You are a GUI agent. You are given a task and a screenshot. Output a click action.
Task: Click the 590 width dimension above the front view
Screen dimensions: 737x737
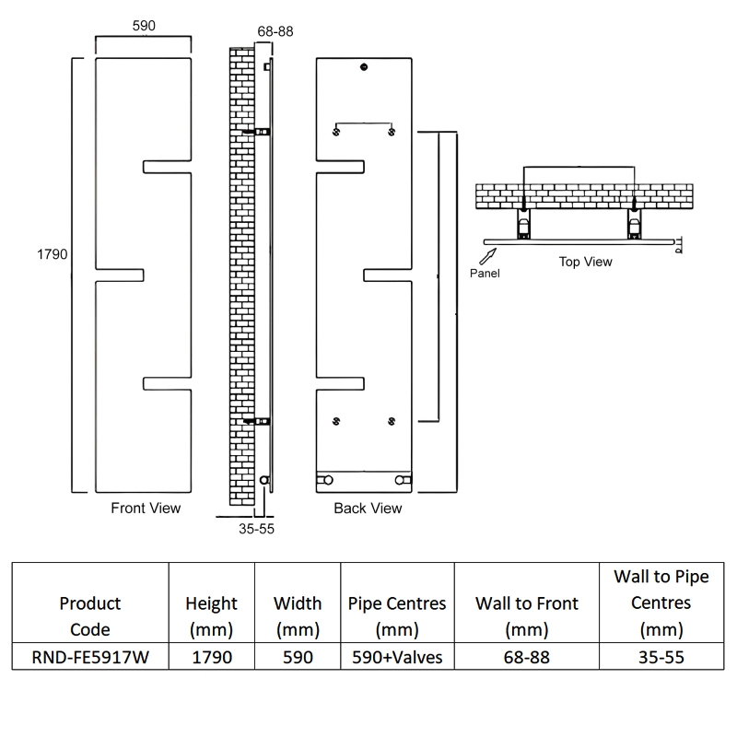coord(144,27)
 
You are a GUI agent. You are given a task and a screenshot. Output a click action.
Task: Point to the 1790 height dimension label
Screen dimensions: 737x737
coord(53,254)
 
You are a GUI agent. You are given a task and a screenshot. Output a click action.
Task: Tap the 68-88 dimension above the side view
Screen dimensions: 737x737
coord(275,31)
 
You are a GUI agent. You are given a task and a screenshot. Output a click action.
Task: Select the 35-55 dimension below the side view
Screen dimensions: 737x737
coord(256,529)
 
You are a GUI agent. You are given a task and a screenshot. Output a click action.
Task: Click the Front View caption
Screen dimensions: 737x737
coord(146,508)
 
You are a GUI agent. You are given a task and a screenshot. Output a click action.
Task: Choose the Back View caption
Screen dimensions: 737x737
coord(368,508)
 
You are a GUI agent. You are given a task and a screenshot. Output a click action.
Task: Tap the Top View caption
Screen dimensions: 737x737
coord(585,262)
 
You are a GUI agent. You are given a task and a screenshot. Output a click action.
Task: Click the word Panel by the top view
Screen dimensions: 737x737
coord(485,274)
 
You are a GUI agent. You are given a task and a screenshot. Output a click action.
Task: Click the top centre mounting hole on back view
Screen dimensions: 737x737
coord(365,67)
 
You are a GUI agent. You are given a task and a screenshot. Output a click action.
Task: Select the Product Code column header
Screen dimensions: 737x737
coord(90,616)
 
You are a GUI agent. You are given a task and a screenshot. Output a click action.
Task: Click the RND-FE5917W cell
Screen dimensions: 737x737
coord(90,658)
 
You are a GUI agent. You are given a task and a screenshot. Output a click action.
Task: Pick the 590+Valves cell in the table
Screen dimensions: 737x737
coord(397,658)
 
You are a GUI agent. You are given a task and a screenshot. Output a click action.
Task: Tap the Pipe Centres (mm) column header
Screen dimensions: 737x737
coord(397,616)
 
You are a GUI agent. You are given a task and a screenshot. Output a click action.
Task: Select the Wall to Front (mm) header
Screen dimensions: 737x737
coord(526,616)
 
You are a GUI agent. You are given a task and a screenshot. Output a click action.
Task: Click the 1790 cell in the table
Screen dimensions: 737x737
coord(211,658)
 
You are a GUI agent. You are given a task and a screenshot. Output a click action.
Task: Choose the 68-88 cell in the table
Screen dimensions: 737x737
coord(526,658)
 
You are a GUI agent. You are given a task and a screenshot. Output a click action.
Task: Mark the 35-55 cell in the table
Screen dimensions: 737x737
coord(661,658)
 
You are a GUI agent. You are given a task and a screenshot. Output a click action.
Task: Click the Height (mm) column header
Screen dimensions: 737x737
coord(211,616)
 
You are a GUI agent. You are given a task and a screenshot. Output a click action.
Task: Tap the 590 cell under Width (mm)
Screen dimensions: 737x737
coord(298,658)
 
